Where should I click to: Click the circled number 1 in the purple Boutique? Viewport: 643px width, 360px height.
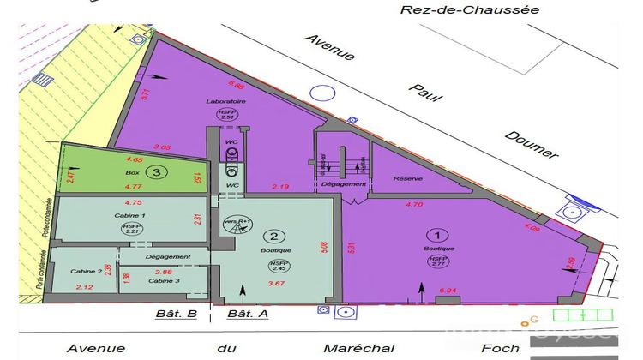(x=437, y=234)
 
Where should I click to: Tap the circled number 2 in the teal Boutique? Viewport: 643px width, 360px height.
(x=273, y=237)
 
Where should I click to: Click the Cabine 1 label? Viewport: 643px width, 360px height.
(x=131, y=216)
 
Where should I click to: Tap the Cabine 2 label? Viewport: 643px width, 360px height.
(x=87, y=271)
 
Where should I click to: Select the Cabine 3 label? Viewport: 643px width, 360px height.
(x=164, y=280)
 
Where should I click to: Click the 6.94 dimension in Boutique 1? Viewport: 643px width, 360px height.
(x=447, y=291)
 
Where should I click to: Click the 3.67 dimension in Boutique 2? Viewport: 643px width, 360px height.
(x=276, y=284)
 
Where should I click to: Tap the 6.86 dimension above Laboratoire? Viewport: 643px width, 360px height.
(x=237, y=85)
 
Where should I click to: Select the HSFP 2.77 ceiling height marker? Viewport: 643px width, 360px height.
(x=437, y=262)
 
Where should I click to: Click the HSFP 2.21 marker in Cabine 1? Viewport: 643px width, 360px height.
(x=131, y=229)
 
